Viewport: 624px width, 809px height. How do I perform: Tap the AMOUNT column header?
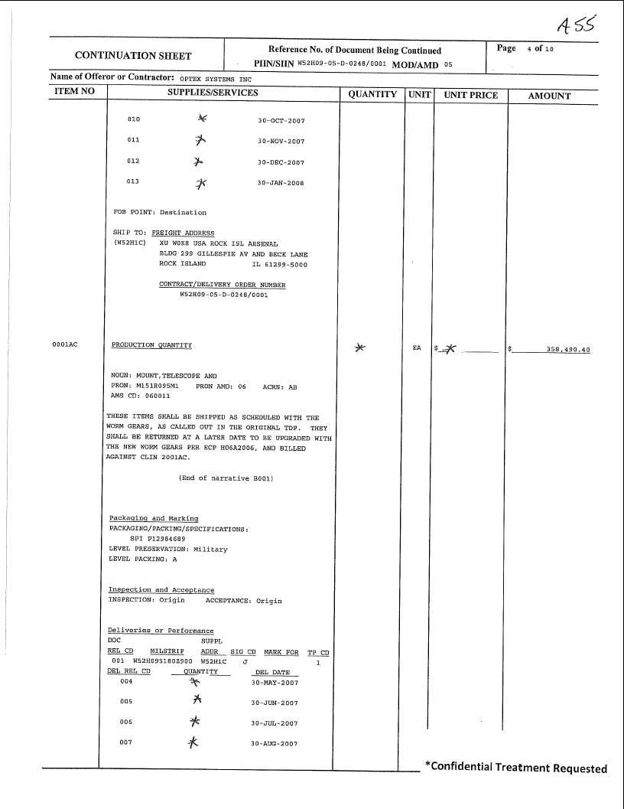click(x=549, y=96)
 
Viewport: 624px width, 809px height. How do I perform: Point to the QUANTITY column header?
click(x=372, y=94)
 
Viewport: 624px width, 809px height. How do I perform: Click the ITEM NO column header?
click(x=75, y=92)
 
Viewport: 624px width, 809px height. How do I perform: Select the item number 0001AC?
click(x=65, y=345)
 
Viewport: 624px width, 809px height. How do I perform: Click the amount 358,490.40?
click(x=567, y=349)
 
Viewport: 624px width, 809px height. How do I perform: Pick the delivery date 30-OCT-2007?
click(x=281, y=120)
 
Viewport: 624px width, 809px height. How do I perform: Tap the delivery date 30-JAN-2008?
click(x=281, y=183)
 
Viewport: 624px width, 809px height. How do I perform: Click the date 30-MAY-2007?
click(x=275, y=682)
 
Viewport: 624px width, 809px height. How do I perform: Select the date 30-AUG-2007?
click(x=275, y=743)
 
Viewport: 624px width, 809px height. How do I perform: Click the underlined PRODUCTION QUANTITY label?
click(x=151, y=345)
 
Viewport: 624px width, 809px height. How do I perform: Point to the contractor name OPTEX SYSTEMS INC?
click(x=216, y=79)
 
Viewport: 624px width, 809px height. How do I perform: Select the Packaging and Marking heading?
click(x=154, y=518)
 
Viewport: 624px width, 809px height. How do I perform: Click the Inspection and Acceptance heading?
click(x=161, y=590)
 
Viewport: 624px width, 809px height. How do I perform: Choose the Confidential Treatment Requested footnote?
click(x=516, y=768)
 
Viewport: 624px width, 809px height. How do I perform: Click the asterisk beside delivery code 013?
click(x=201, y=183)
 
